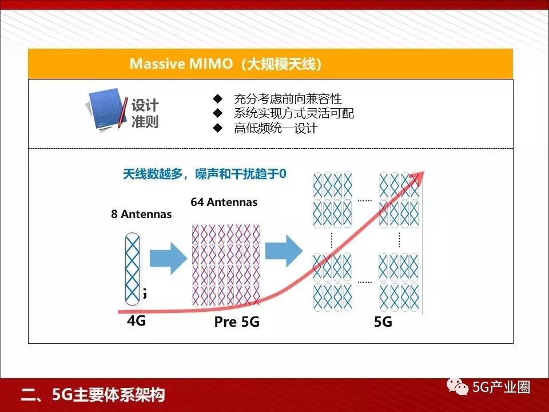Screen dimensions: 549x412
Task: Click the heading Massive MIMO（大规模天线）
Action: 225,64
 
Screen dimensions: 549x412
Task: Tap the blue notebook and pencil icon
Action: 107,110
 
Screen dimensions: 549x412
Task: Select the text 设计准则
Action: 145,113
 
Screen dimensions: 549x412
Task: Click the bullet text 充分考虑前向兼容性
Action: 288,99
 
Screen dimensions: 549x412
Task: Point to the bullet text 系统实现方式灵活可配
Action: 294,113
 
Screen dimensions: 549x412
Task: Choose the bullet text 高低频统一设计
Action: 276,128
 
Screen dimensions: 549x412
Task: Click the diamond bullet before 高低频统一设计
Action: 218,128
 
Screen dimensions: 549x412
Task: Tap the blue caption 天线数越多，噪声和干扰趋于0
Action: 205,174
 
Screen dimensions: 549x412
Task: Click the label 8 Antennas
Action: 141,214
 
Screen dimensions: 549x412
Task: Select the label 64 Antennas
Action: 224,202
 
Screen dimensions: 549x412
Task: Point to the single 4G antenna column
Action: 132,269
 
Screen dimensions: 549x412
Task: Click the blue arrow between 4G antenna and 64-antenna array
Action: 168,259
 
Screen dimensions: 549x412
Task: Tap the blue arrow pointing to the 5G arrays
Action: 284,251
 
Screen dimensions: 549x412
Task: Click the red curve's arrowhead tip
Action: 424,172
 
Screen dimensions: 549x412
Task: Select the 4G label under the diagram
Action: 137,320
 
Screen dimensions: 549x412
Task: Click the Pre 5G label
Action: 237,322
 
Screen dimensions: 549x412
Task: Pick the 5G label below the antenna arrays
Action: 383,322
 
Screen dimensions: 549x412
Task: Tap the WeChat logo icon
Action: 457,387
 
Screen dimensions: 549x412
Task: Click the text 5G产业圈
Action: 502,387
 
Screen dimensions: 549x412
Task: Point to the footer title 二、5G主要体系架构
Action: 93,395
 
